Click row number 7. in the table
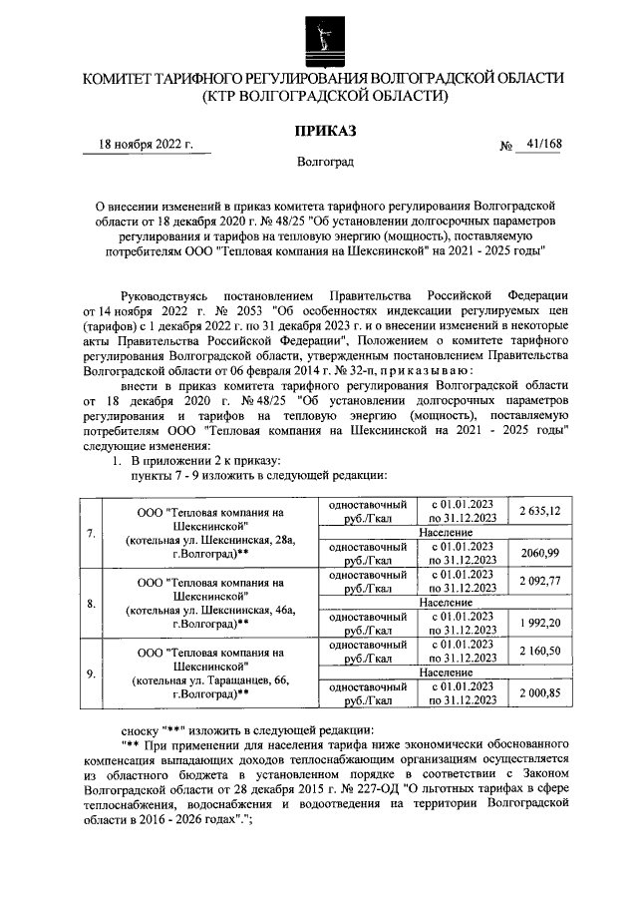pyautogui.click(x=91, y=533)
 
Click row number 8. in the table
pyautogui.click(x=91, y=603)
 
